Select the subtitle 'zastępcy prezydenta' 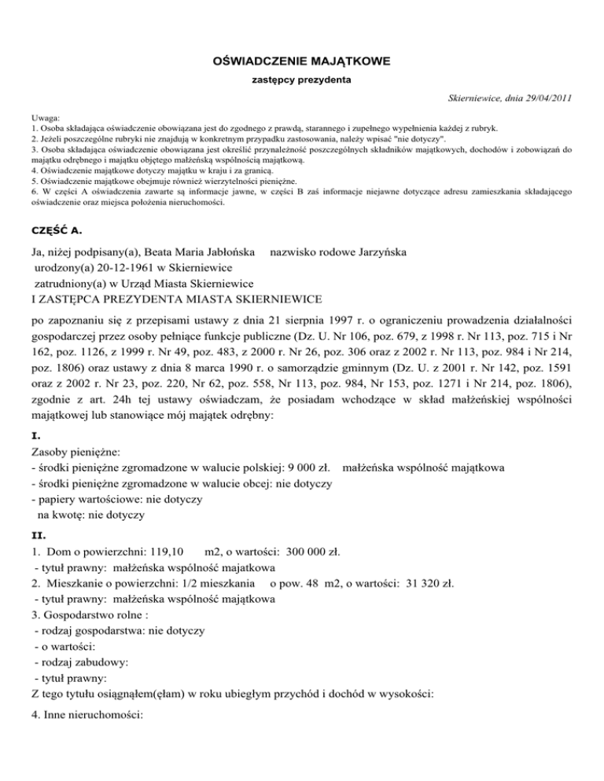click(x=301, y=79)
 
